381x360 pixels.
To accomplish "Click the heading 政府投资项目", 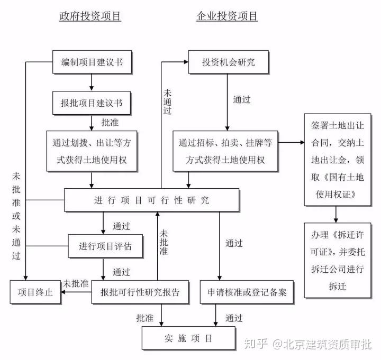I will (90, 16).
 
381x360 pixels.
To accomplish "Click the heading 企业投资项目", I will (227, 16).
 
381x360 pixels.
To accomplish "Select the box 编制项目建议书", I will (92, 62).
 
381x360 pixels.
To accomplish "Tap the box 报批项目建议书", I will (92, 103).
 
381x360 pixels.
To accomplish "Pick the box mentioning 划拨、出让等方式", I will (92, 151).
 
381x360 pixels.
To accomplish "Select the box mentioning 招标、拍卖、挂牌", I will (226, 151).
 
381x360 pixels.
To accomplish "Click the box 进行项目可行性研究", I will (152, 200).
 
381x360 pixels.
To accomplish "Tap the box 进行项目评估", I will (105, 246).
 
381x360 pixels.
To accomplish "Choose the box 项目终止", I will (35, 292).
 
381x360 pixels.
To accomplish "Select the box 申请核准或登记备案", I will (247, 292).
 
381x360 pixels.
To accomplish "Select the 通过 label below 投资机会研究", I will (242, 99).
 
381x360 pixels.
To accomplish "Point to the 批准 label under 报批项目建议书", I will (110, 122).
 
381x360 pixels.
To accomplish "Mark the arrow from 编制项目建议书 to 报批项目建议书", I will (92, 81).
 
